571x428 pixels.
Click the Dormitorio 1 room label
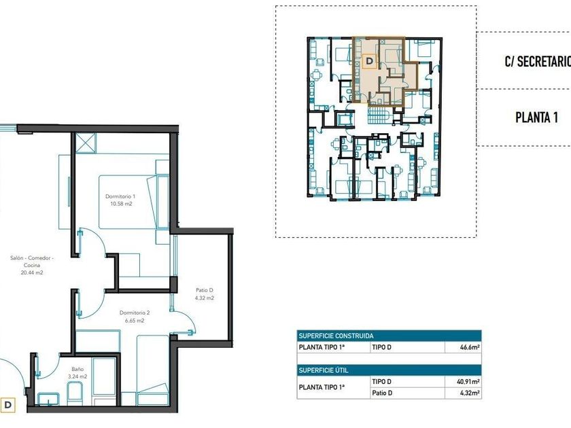[x=120, y=196]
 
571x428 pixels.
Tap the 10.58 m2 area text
[x=121, y=204]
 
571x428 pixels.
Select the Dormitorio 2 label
[x=135, y=313]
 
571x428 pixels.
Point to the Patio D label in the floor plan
[x=205, y=290]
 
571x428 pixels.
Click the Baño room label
[x=77, y=369]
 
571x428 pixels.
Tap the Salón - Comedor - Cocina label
[x=32, y=262]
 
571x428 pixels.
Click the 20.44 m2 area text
[x=32, y=272]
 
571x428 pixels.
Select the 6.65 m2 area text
[x=135, y=321]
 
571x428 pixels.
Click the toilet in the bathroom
[x=75, y=393]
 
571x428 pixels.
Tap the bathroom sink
[x=49, y=399]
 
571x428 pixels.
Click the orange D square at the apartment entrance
[x=7, y=405]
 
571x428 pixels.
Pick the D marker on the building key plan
[x=370, y=60]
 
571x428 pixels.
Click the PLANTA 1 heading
[x=537, y=118]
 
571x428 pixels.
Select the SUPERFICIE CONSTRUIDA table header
[x=336, y=336]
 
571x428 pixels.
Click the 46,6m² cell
[x=470, y=347]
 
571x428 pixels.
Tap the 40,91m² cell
[x=468, y=382]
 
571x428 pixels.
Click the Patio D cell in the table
[x=382, y=393]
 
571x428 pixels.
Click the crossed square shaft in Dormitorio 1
[x=86, y=143]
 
